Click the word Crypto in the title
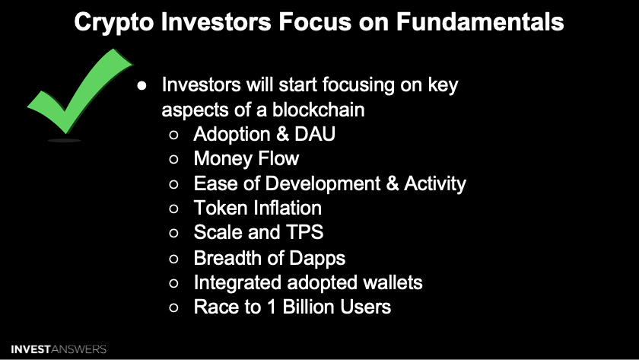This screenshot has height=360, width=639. pos(113,22)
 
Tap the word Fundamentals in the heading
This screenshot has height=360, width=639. pos(480,21)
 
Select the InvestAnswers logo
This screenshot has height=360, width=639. pos(59,349)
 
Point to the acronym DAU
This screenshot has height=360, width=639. pos(315,134)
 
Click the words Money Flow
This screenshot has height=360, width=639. pos(246,158)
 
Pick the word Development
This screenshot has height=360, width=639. pos(323,184)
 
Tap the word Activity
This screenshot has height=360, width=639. pos(435,184)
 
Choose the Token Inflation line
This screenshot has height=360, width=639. pos(258,208)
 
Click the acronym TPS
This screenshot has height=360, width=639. pos(305,232)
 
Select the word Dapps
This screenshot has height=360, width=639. pos(317,259)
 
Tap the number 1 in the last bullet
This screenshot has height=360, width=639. pos(272,307)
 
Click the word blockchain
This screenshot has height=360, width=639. pos(318,110)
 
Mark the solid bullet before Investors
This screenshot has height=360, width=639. pos(141,85)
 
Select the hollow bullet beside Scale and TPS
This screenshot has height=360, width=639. pos(173,233)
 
